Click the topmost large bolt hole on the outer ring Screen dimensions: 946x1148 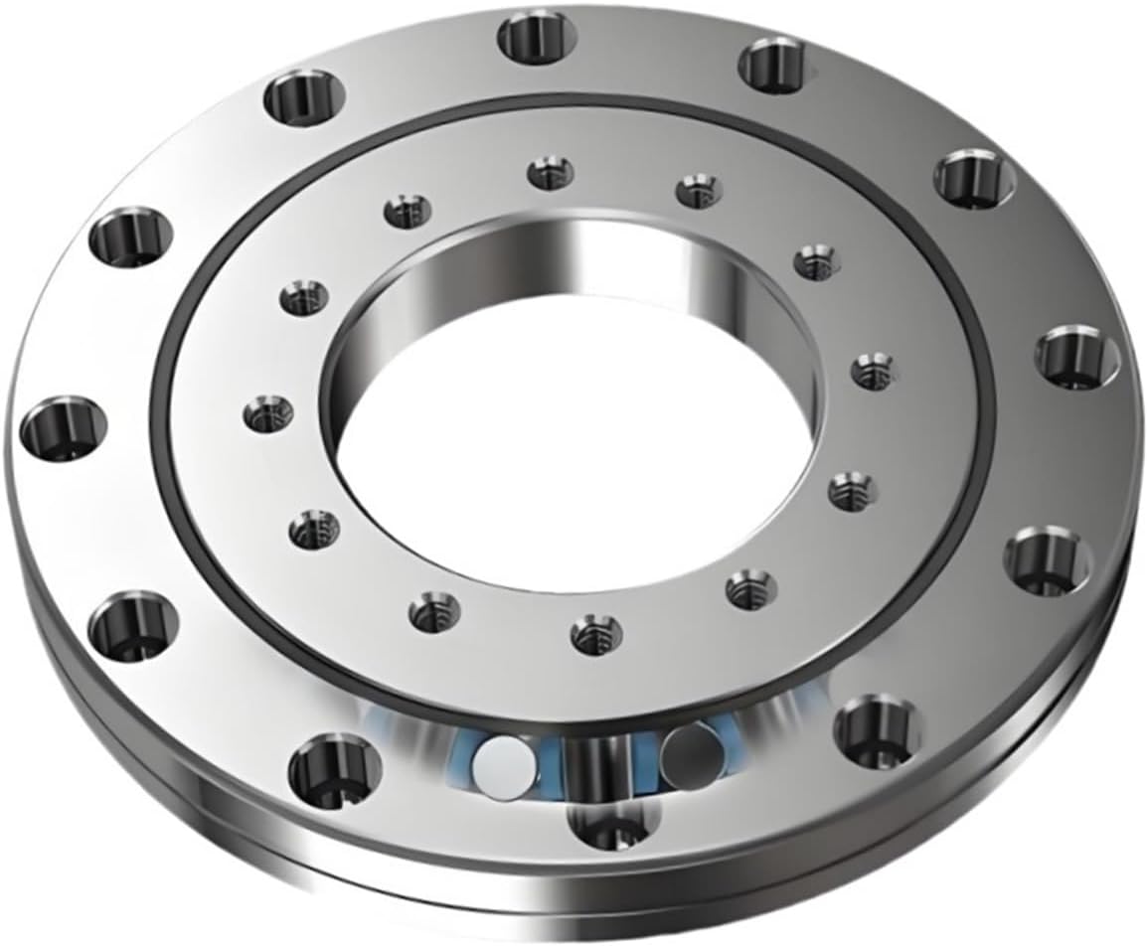pyautogui.click(x=538, y=37)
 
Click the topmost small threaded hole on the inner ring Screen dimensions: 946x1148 pyautogui.click(x=546, y=173)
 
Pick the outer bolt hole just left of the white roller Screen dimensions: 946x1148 pyautogui.click(x=333, y=767)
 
